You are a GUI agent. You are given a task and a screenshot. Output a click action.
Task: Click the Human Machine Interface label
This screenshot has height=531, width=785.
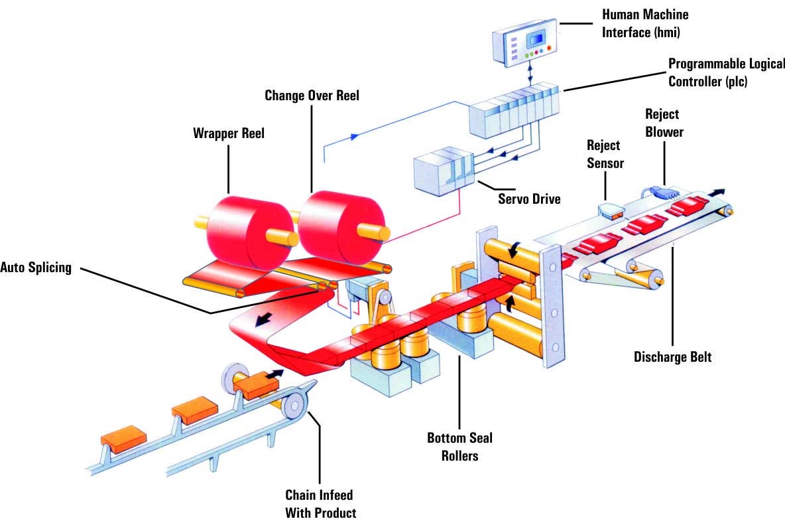(644, 23)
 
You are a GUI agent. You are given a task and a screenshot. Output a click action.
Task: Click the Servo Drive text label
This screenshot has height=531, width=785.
(529, 198)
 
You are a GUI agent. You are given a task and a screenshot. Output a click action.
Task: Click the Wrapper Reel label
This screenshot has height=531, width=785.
(229, 133)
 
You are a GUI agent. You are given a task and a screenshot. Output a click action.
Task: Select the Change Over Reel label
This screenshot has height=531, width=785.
(312, 96)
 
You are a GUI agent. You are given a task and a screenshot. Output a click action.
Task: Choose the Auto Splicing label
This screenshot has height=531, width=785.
(36, 268)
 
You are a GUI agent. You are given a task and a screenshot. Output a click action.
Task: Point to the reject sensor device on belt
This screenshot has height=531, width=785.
(610, 211)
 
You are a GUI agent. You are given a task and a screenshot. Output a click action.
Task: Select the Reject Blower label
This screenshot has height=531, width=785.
(664, 123)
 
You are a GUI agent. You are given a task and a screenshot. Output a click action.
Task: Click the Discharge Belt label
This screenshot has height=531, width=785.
(672, 357)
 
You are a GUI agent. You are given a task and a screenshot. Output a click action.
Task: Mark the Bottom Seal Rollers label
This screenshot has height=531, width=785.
(459, 447)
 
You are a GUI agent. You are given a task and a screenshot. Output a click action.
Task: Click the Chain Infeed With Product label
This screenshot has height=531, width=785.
(320, 504)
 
